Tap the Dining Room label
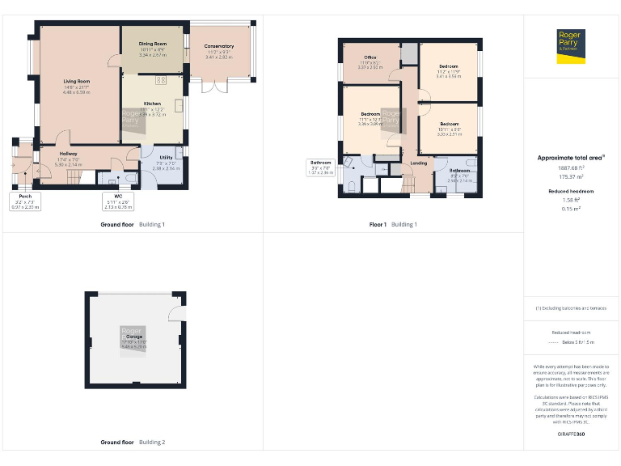pos(152,44)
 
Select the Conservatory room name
pos(219,47)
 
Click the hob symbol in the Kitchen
pos(159,79)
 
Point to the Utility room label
pos(166,157)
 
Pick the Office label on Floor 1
pos(370,57)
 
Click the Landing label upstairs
pos(419,163)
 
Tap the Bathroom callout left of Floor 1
pos(321,167)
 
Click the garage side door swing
pos(177,313)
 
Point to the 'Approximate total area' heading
pos(571,158)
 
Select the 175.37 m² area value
pos(571,176)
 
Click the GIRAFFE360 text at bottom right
pos(571,434)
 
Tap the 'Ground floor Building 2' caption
pos(133,443)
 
